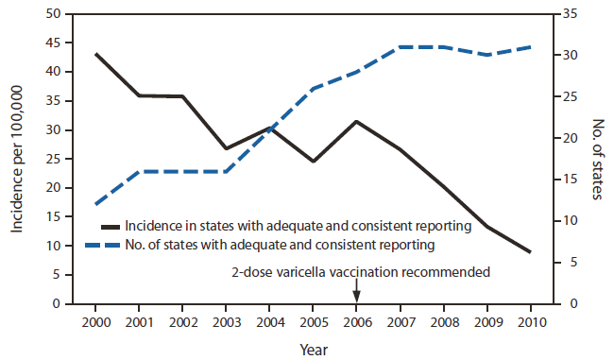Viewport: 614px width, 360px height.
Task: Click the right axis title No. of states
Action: pyautogui.click(x=597, y=159)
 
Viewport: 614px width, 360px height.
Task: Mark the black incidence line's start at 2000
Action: pyautogui.click(x=95, y=54)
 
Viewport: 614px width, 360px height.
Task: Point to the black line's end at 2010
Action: pyautogui.click(x=531, y=252)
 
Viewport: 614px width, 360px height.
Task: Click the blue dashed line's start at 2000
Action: pyautogui.click(x=95, y=204)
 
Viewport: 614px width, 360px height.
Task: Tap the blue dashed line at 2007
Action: pyautogui.click(x=400, y=46)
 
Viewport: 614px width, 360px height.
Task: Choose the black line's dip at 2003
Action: pyautogui.click(x=226, y=148)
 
